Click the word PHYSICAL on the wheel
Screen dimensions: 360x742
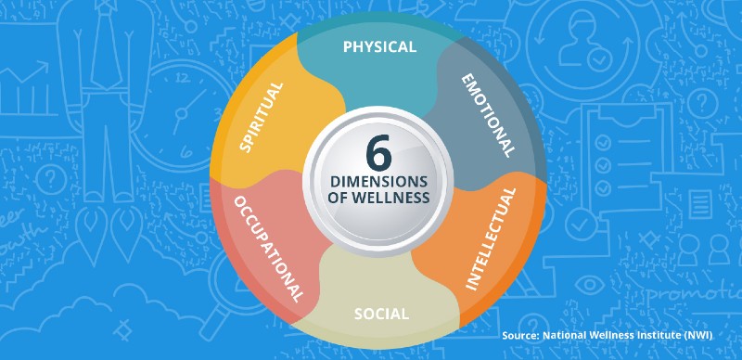point(379,46)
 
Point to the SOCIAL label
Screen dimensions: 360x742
point(381,314)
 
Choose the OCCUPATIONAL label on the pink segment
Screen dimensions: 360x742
point(269,249)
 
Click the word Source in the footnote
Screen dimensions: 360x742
point(521,334)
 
